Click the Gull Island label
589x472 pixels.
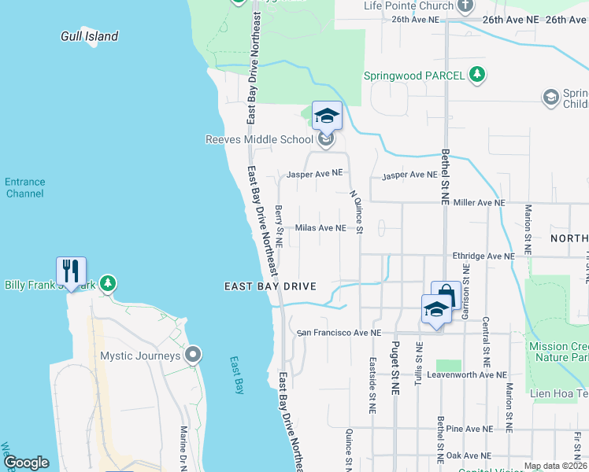(x=90, y=36)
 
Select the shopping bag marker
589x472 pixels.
(x=446, y=296)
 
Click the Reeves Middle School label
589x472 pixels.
(x=259, y=140)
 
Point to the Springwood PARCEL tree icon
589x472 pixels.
(x=476, y=76)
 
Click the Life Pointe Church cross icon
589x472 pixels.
(x=465, y=6)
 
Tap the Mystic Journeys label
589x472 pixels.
(x=140, y=356)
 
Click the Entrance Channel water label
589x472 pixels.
(x=24, y=187)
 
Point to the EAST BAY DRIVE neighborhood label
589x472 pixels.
(x=269, y=287)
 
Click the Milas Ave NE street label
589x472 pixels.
(x=320, y=228)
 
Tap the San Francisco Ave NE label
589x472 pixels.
(x=339, y=333)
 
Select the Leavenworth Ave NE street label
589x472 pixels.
(x=462, y=374)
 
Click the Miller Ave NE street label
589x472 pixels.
(x=478, y=203)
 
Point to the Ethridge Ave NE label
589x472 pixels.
(x=483, y=256)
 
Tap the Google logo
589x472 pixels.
(x=26, y=463)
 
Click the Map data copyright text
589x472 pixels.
(x=555, y=466)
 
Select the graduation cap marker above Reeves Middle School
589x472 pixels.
(x=327, y=116)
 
